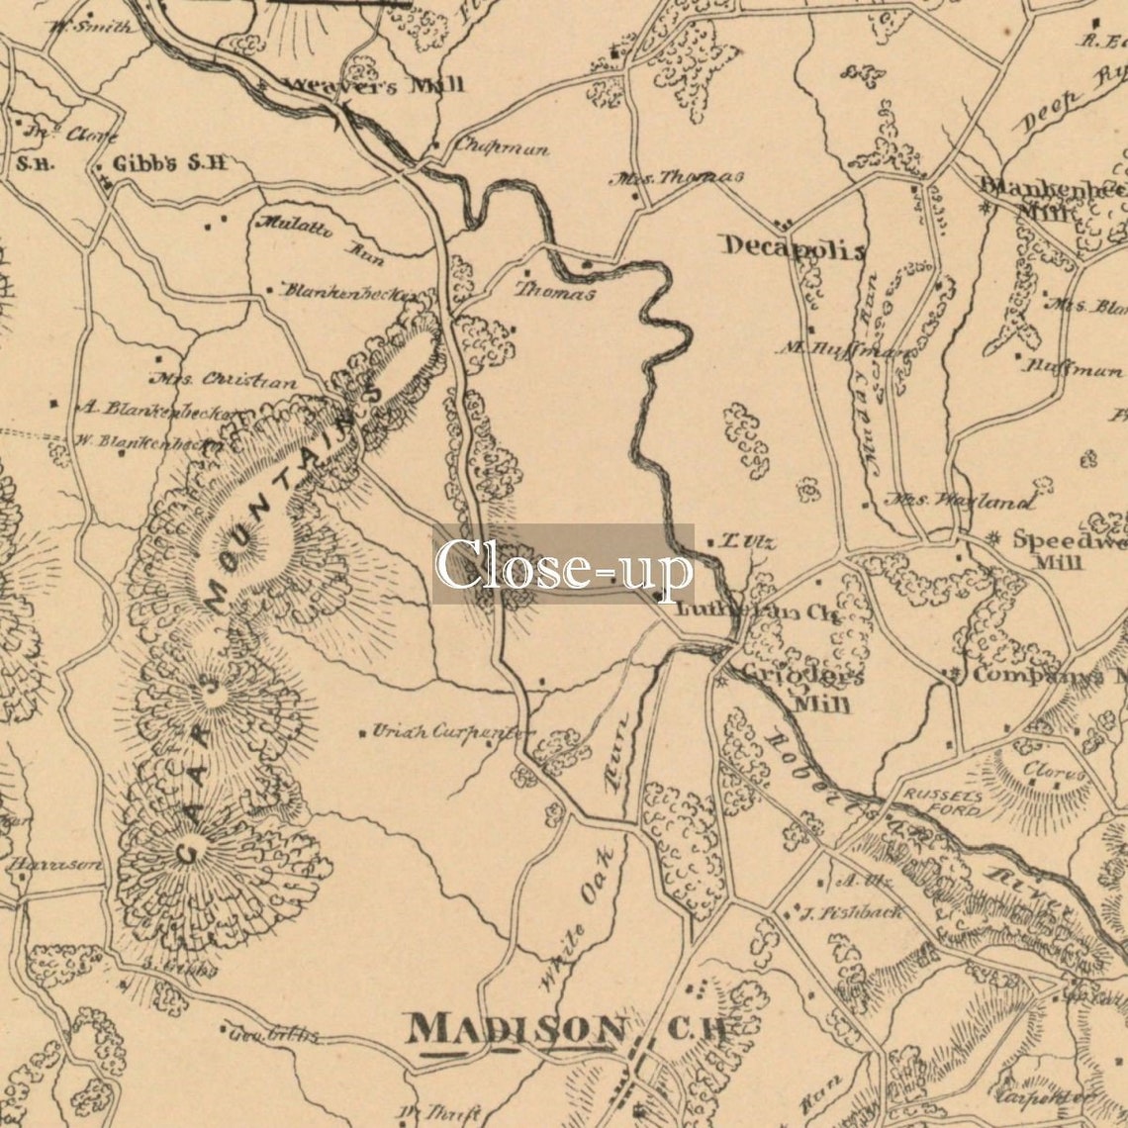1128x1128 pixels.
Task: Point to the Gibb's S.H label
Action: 170,163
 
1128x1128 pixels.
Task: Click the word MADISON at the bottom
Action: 518,1030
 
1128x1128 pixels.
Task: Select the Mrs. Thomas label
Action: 677,178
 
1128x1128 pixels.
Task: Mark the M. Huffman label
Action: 846,349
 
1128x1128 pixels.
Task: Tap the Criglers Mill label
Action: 811,689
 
